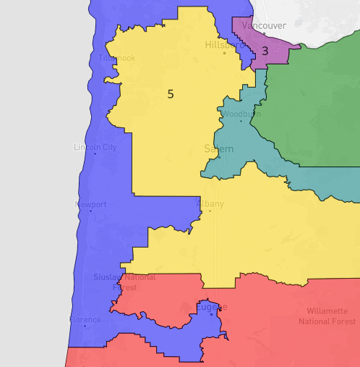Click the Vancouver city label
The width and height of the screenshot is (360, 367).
(x=264, y=26)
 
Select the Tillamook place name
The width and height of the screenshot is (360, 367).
(x=117, y=57)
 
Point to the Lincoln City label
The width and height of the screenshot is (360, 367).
(x=95, y=148)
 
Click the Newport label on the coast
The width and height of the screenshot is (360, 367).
(x=91, y=205)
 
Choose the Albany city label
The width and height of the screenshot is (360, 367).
(x=210, y=203)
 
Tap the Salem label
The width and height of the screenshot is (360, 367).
(x=219, y=149)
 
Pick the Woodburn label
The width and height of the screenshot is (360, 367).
(x=241, y=114)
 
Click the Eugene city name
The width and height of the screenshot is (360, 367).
(x=211, y=307)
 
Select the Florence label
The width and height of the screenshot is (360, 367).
(x=85, y=319)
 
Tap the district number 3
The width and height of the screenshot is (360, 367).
(x=265, y=51)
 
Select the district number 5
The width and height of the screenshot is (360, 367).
(x=171, y=93)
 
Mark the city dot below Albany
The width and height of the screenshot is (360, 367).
(x=210, y=211)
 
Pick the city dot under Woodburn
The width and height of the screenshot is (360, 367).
(x=241, y=121)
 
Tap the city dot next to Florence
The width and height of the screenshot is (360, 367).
(x=85, y=326)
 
